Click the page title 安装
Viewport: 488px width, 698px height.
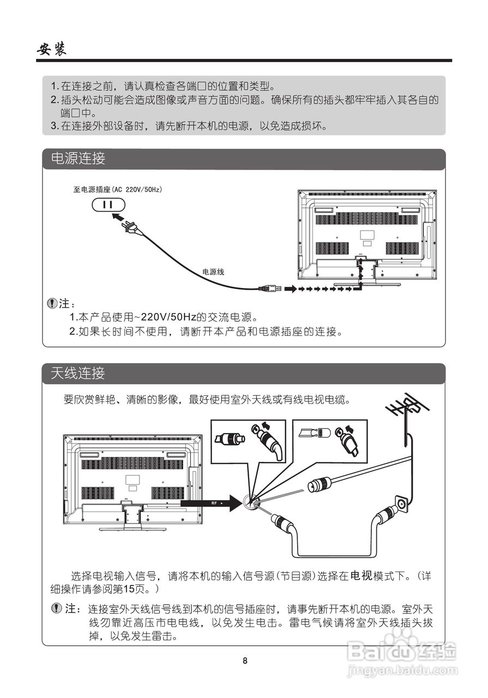52,49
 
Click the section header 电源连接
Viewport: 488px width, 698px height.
78,159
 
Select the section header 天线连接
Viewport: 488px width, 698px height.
78,374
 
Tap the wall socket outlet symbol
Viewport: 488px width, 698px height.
109,204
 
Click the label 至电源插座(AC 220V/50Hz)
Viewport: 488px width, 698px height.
118,190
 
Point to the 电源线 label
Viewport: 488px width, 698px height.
213,271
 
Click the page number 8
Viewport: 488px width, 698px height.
245,661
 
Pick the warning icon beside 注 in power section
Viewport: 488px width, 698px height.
52,302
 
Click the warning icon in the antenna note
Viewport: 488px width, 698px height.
56,608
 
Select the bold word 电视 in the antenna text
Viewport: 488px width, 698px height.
360,576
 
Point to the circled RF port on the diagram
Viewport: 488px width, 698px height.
251,503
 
